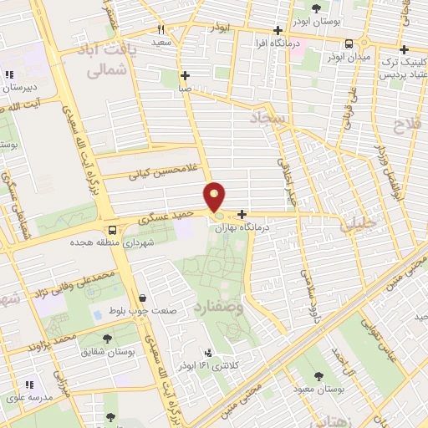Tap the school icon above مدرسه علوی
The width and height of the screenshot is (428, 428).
28,385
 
